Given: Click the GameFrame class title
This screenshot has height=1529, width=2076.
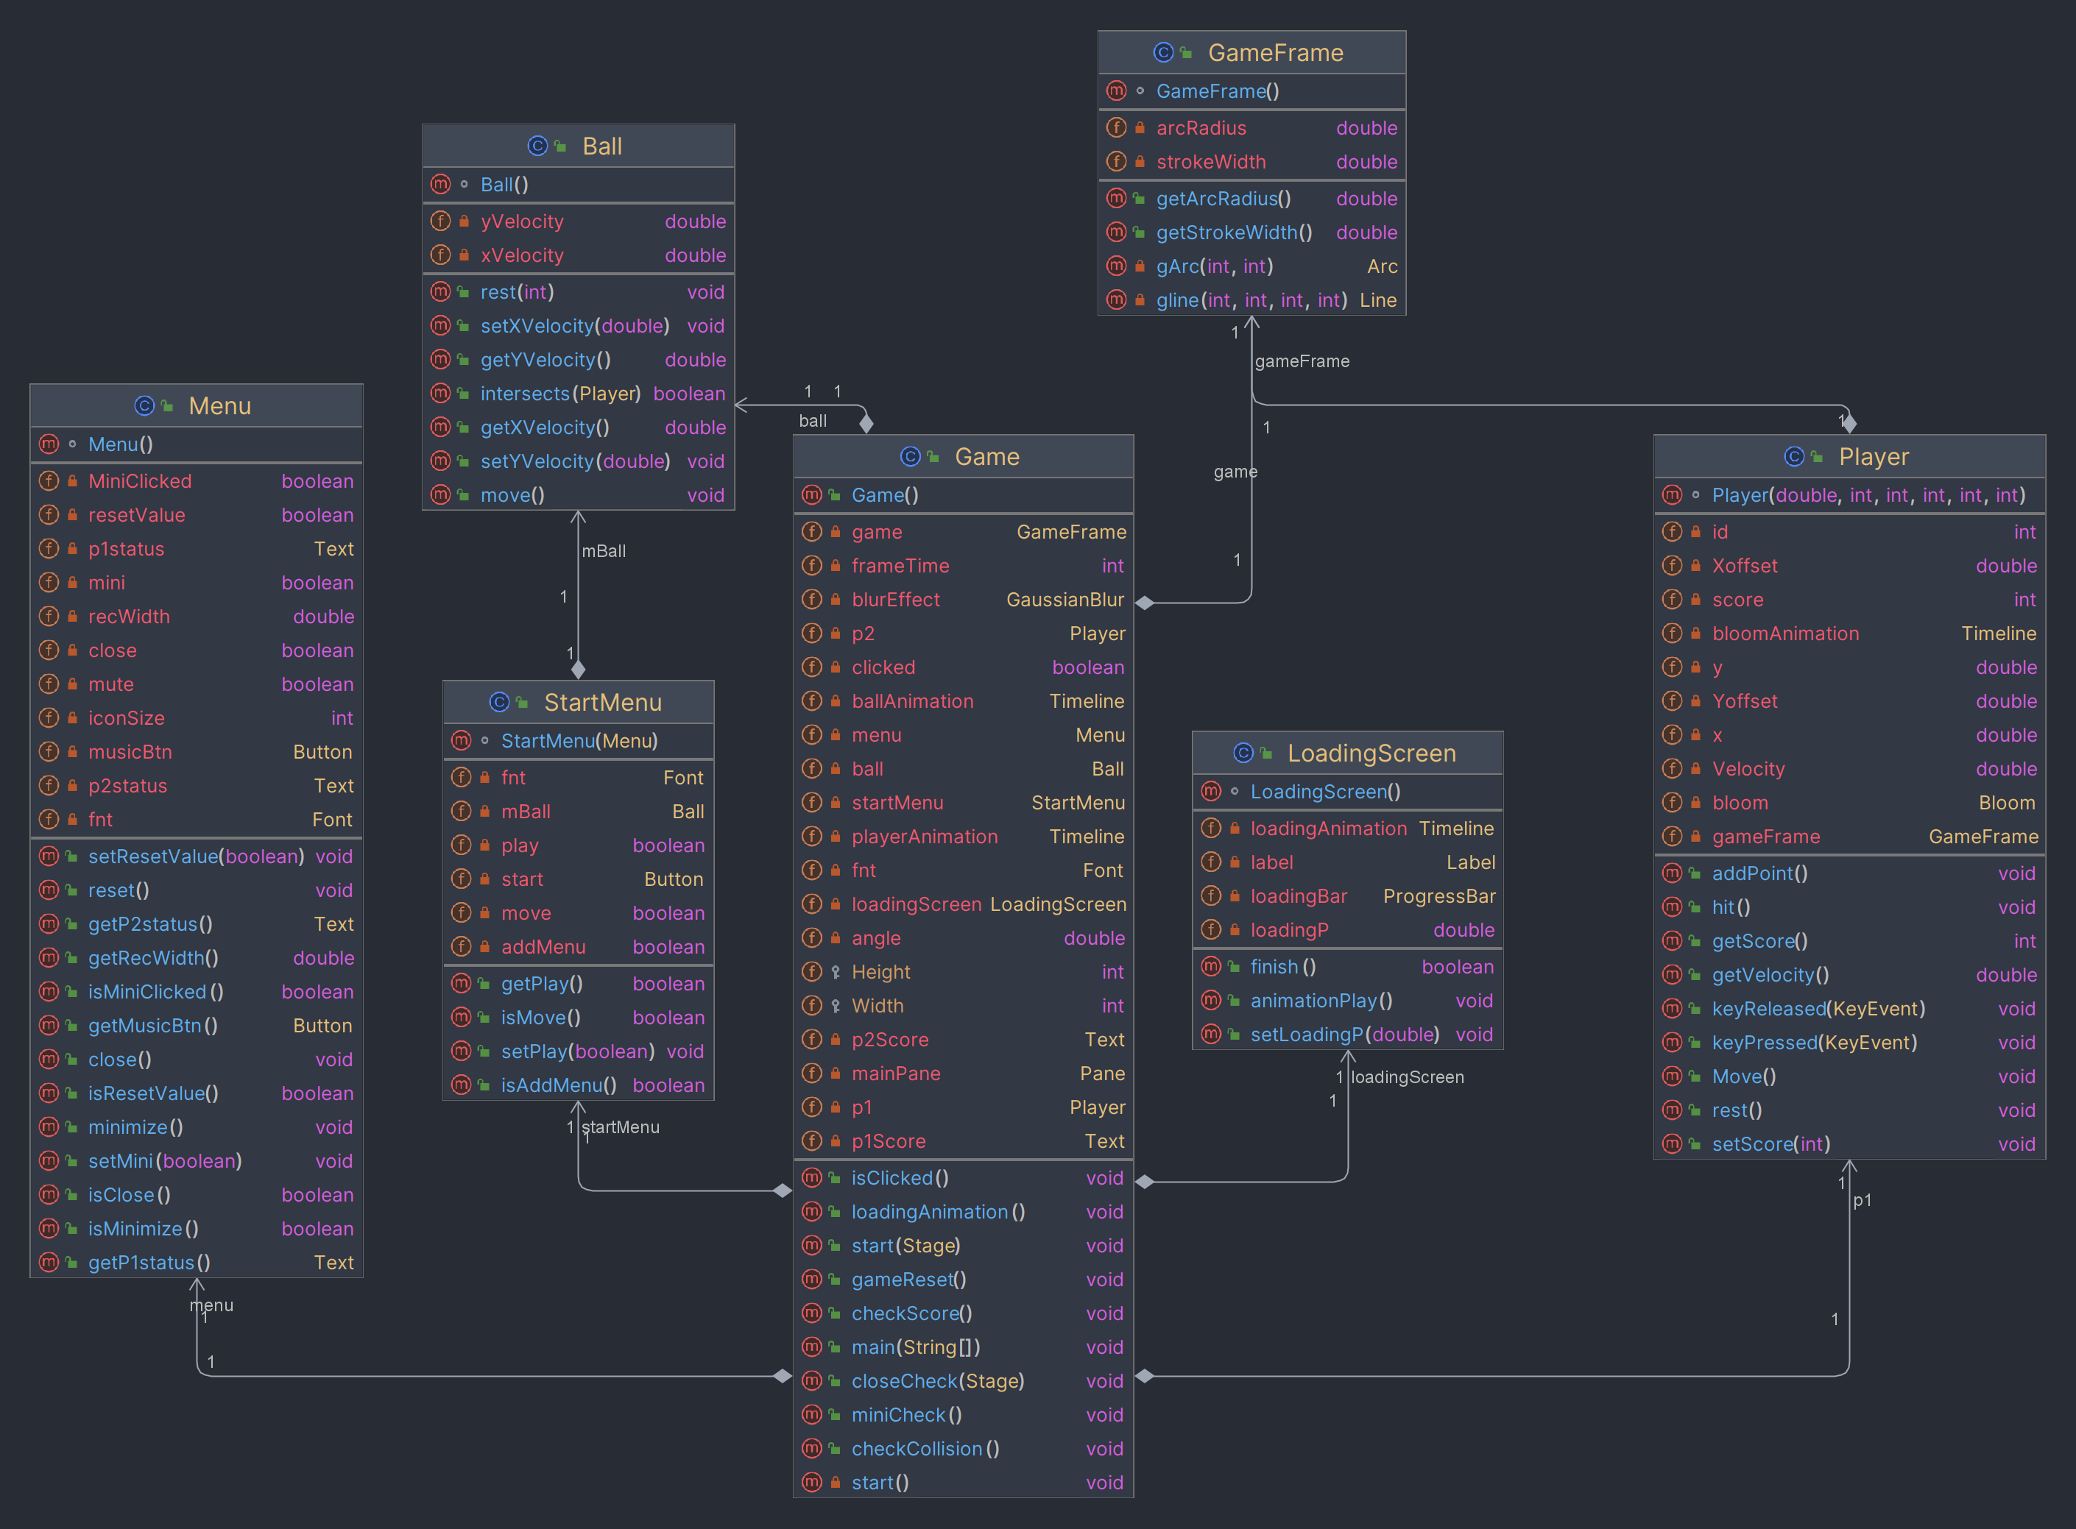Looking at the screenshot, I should click(x=1275, y=53).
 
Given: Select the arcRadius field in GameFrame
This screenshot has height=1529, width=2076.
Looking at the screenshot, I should click(x=1200, y=128).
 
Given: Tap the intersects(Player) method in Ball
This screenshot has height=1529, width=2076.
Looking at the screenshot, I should click(x=560, y=394).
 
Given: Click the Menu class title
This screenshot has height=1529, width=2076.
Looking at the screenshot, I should click(x=219, y=405).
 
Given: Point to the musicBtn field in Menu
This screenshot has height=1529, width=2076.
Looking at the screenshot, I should click(x=130, y=751).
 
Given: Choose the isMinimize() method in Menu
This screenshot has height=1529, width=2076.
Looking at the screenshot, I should click(x=143, y=1228).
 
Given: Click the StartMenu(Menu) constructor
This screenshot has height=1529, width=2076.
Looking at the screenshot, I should click(x=579, y=740).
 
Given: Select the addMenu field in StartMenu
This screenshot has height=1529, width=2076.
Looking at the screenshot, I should click(x=543, y=947).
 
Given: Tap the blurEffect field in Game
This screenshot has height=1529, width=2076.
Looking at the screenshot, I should click(x=895, y=600).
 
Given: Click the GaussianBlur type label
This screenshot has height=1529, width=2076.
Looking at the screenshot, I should click(x=1065, y=600).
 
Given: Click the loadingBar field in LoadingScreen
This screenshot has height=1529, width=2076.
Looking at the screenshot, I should click(x=1298, y=896).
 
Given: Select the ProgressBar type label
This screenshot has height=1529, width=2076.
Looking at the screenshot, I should click(x=1439, y=896).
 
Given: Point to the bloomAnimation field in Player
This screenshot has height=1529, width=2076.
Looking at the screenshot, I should click(x=1784, y=633).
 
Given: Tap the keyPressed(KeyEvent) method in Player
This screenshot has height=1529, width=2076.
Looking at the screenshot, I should click(x=1814, y=1042).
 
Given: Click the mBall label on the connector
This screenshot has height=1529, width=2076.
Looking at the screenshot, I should click(x=604, y=550).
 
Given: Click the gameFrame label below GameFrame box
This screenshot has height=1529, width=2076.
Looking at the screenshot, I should click(x=1301, y=361).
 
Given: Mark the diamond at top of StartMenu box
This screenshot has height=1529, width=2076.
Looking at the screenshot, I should click(x=579, y=669).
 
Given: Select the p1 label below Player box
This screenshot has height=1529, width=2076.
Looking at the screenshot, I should click(x=1861, y=1199).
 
